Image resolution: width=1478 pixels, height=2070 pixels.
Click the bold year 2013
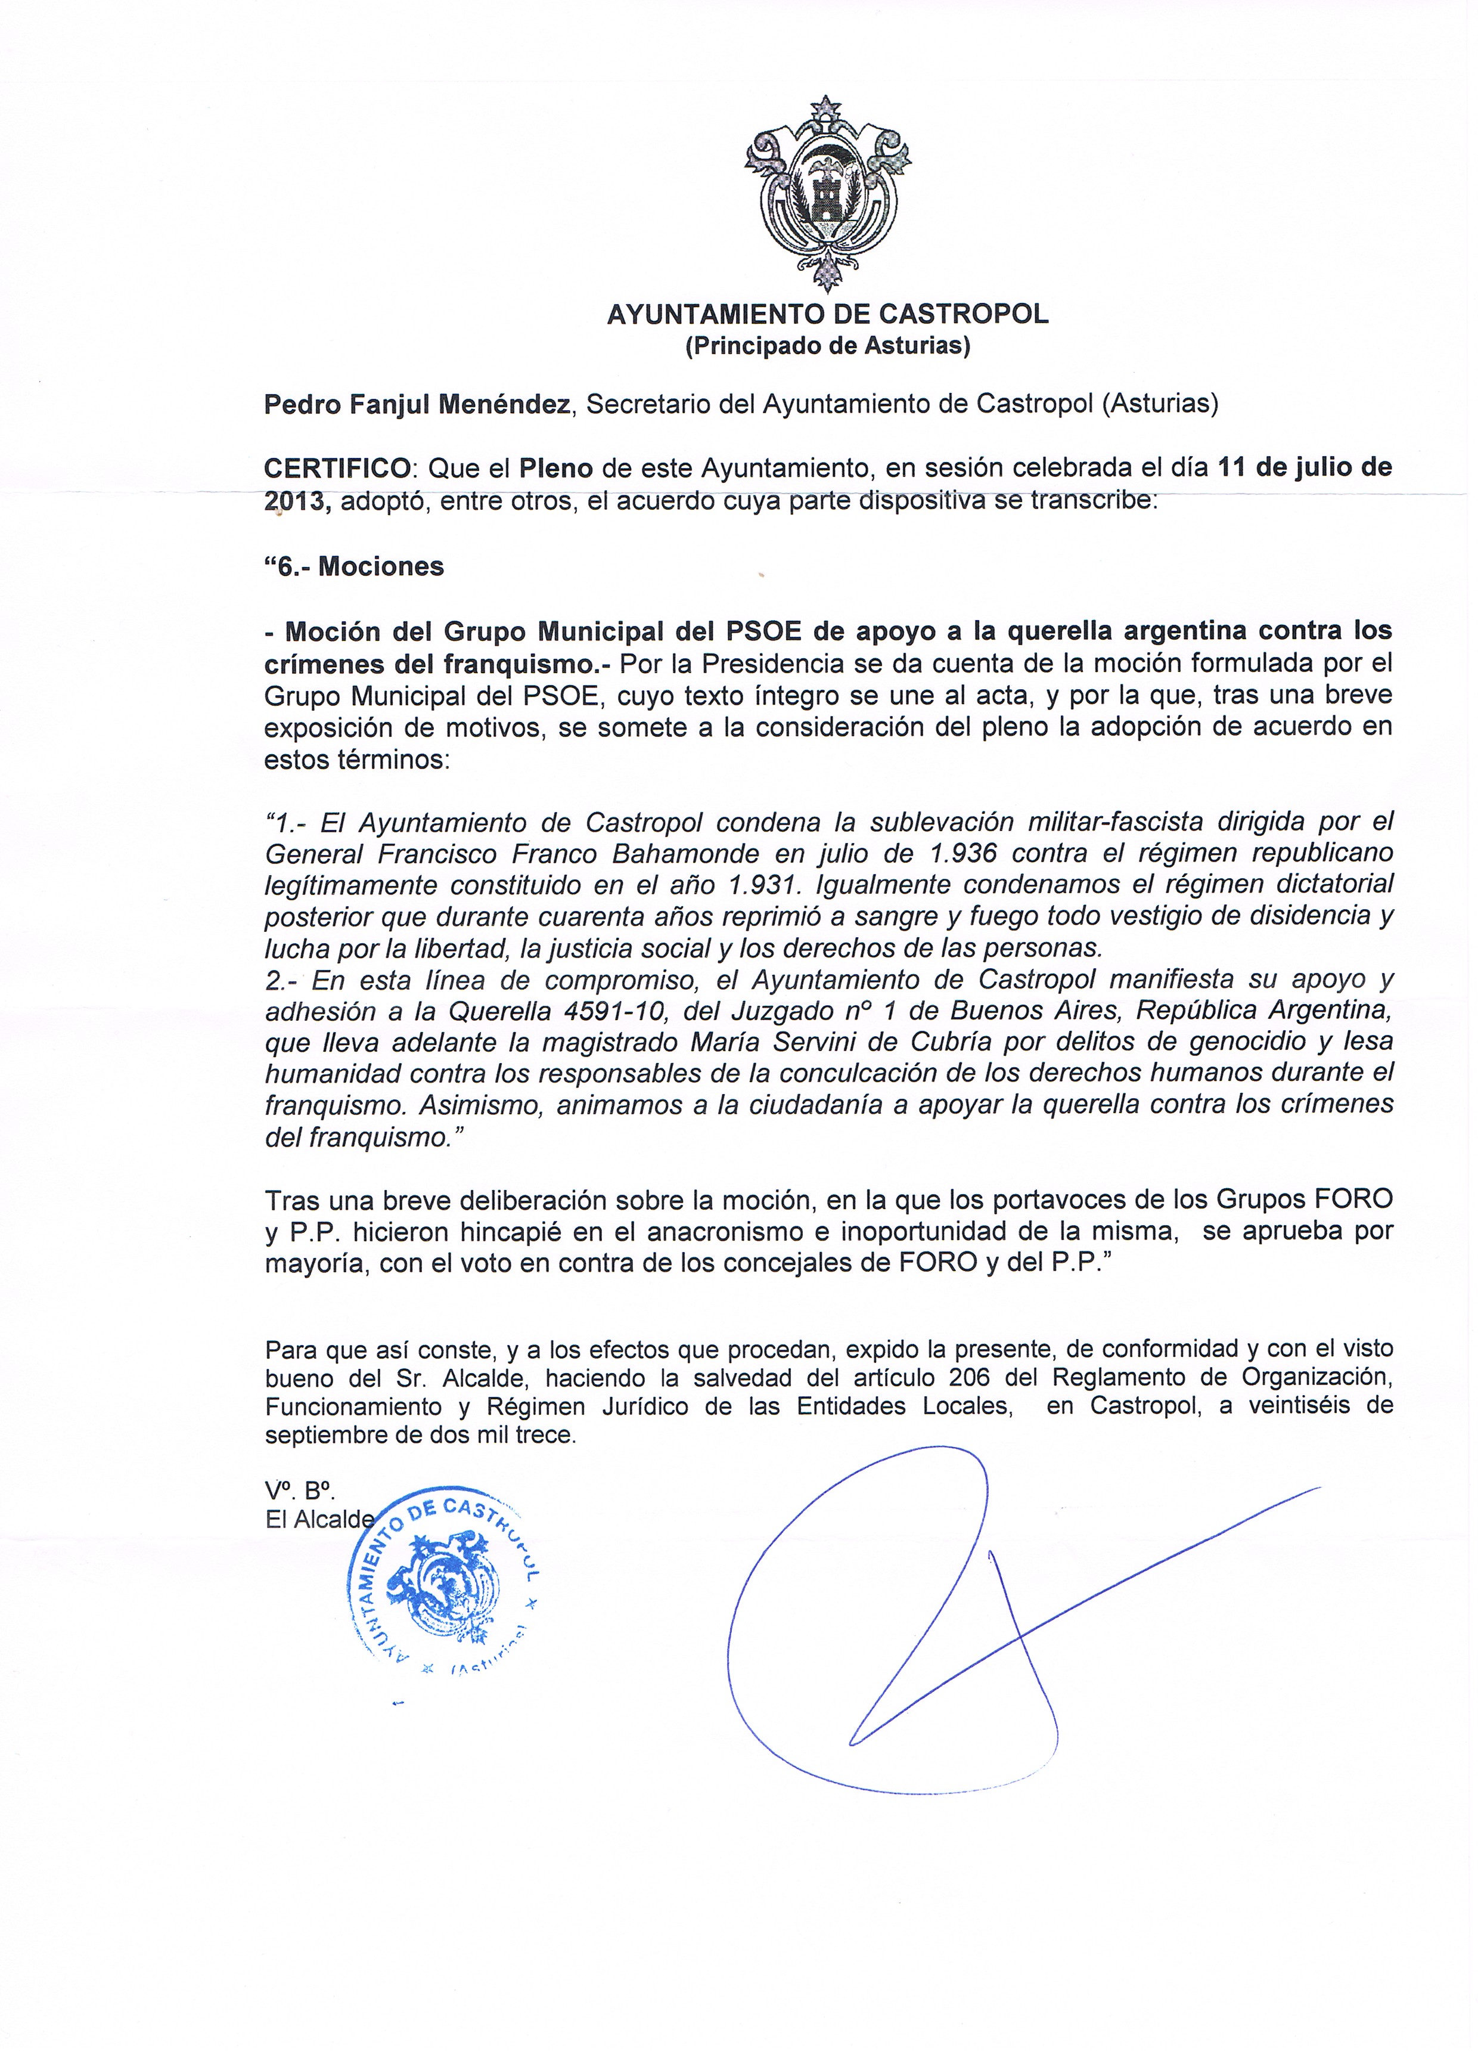pyautogui.click(x=297, y=501)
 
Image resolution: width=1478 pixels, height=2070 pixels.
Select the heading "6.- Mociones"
pyautogui.click(x=354, y=566)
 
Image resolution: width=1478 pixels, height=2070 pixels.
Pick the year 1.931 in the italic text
pyautogui.click(x=762, y=885)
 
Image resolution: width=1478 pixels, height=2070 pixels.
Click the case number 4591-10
pyautogui.click(x=615, y=1011)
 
